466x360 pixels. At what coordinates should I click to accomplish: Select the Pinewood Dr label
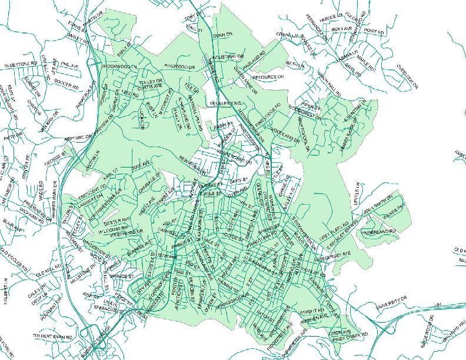point(179,66)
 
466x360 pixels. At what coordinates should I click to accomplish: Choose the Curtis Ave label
point(149,86)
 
